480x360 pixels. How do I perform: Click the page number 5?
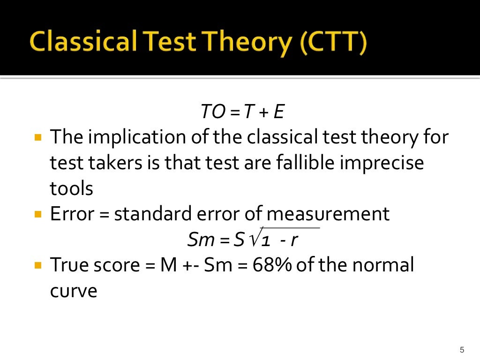coord(462,349)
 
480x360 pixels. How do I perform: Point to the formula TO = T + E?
coord(243,112)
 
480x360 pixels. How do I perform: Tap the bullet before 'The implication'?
coord(38,138)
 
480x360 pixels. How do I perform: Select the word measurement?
coord(328,214)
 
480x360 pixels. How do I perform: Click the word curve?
coord(73,291)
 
